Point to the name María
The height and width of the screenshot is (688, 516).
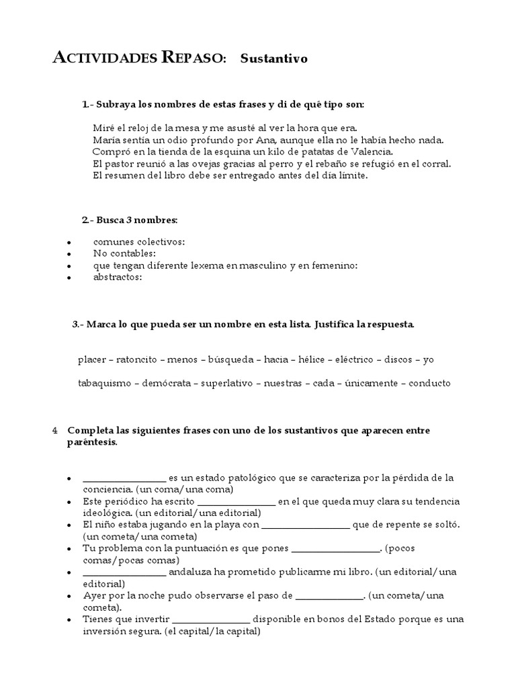pos(107,140)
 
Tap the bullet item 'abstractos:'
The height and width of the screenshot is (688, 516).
pos(118,277)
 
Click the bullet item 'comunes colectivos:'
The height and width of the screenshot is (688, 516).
pos(139,241)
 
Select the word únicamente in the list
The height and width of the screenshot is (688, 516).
pos(371,383)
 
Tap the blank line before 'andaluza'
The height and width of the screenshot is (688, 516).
pos(124,572)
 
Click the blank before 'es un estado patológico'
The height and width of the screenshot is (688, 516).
pos(124,478)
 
